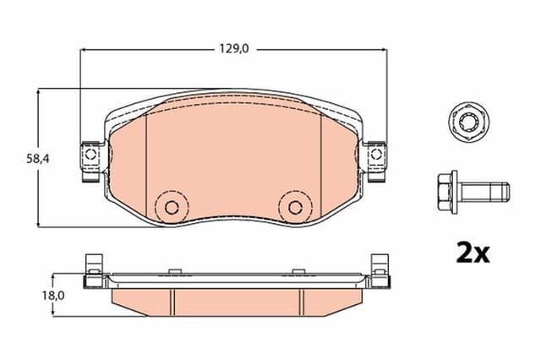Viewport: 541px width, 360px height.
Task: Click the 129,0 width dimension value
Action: click(x=234, y=49)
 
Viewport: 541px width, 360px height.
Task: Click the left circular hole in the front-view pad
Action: click(x=172, y=206)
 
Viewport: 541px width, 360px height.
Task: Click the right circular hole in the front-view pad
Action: click(x=294, y=206)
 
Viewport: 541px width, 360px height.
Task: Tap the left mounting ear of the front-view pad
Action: click(x=90, y=157)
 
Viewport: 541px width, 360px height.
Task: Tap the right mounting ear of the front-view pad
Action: click(x=375, y=157)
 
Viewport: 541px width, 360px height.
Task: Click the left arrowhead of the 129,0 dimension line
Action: click(x=84, y=49)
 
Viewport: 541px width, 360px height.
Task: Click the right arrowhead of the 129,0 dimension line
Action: click(x=382, y=49)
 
